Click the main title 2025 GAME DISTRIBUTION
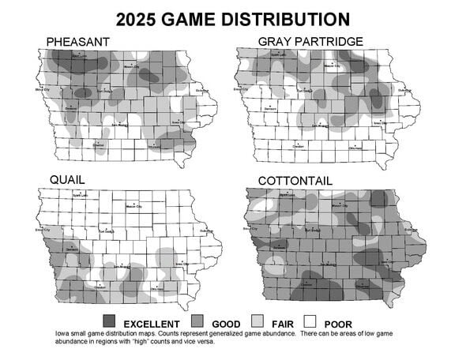pos(233,17)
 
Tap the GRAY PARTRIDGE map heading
pos(310,40)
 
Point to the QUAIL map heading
pos(67,180)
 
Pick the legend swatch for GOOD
pos(197,322)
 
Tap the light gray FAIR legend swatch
pos(257,322)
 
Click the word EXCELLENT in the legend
pos(151,324)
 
